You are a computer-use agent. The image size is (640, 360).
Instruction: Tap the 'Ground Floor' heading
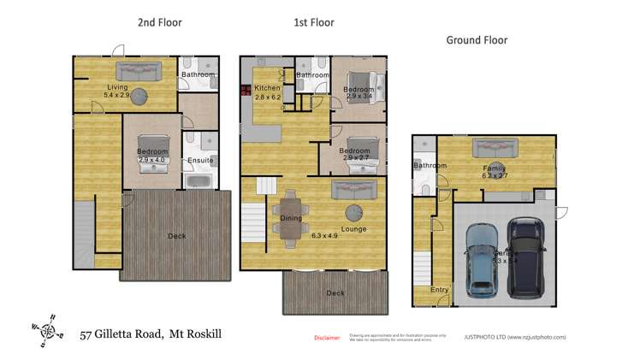(477, 40)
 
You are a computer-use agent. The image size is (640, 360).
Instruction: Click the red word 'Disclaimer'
(327, 338)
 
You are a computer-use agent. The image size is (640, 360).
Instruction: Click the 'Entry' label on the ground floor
(439, 290)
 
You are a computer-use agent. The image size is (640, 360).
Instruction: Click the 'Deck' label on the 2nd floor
(176, 236)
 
